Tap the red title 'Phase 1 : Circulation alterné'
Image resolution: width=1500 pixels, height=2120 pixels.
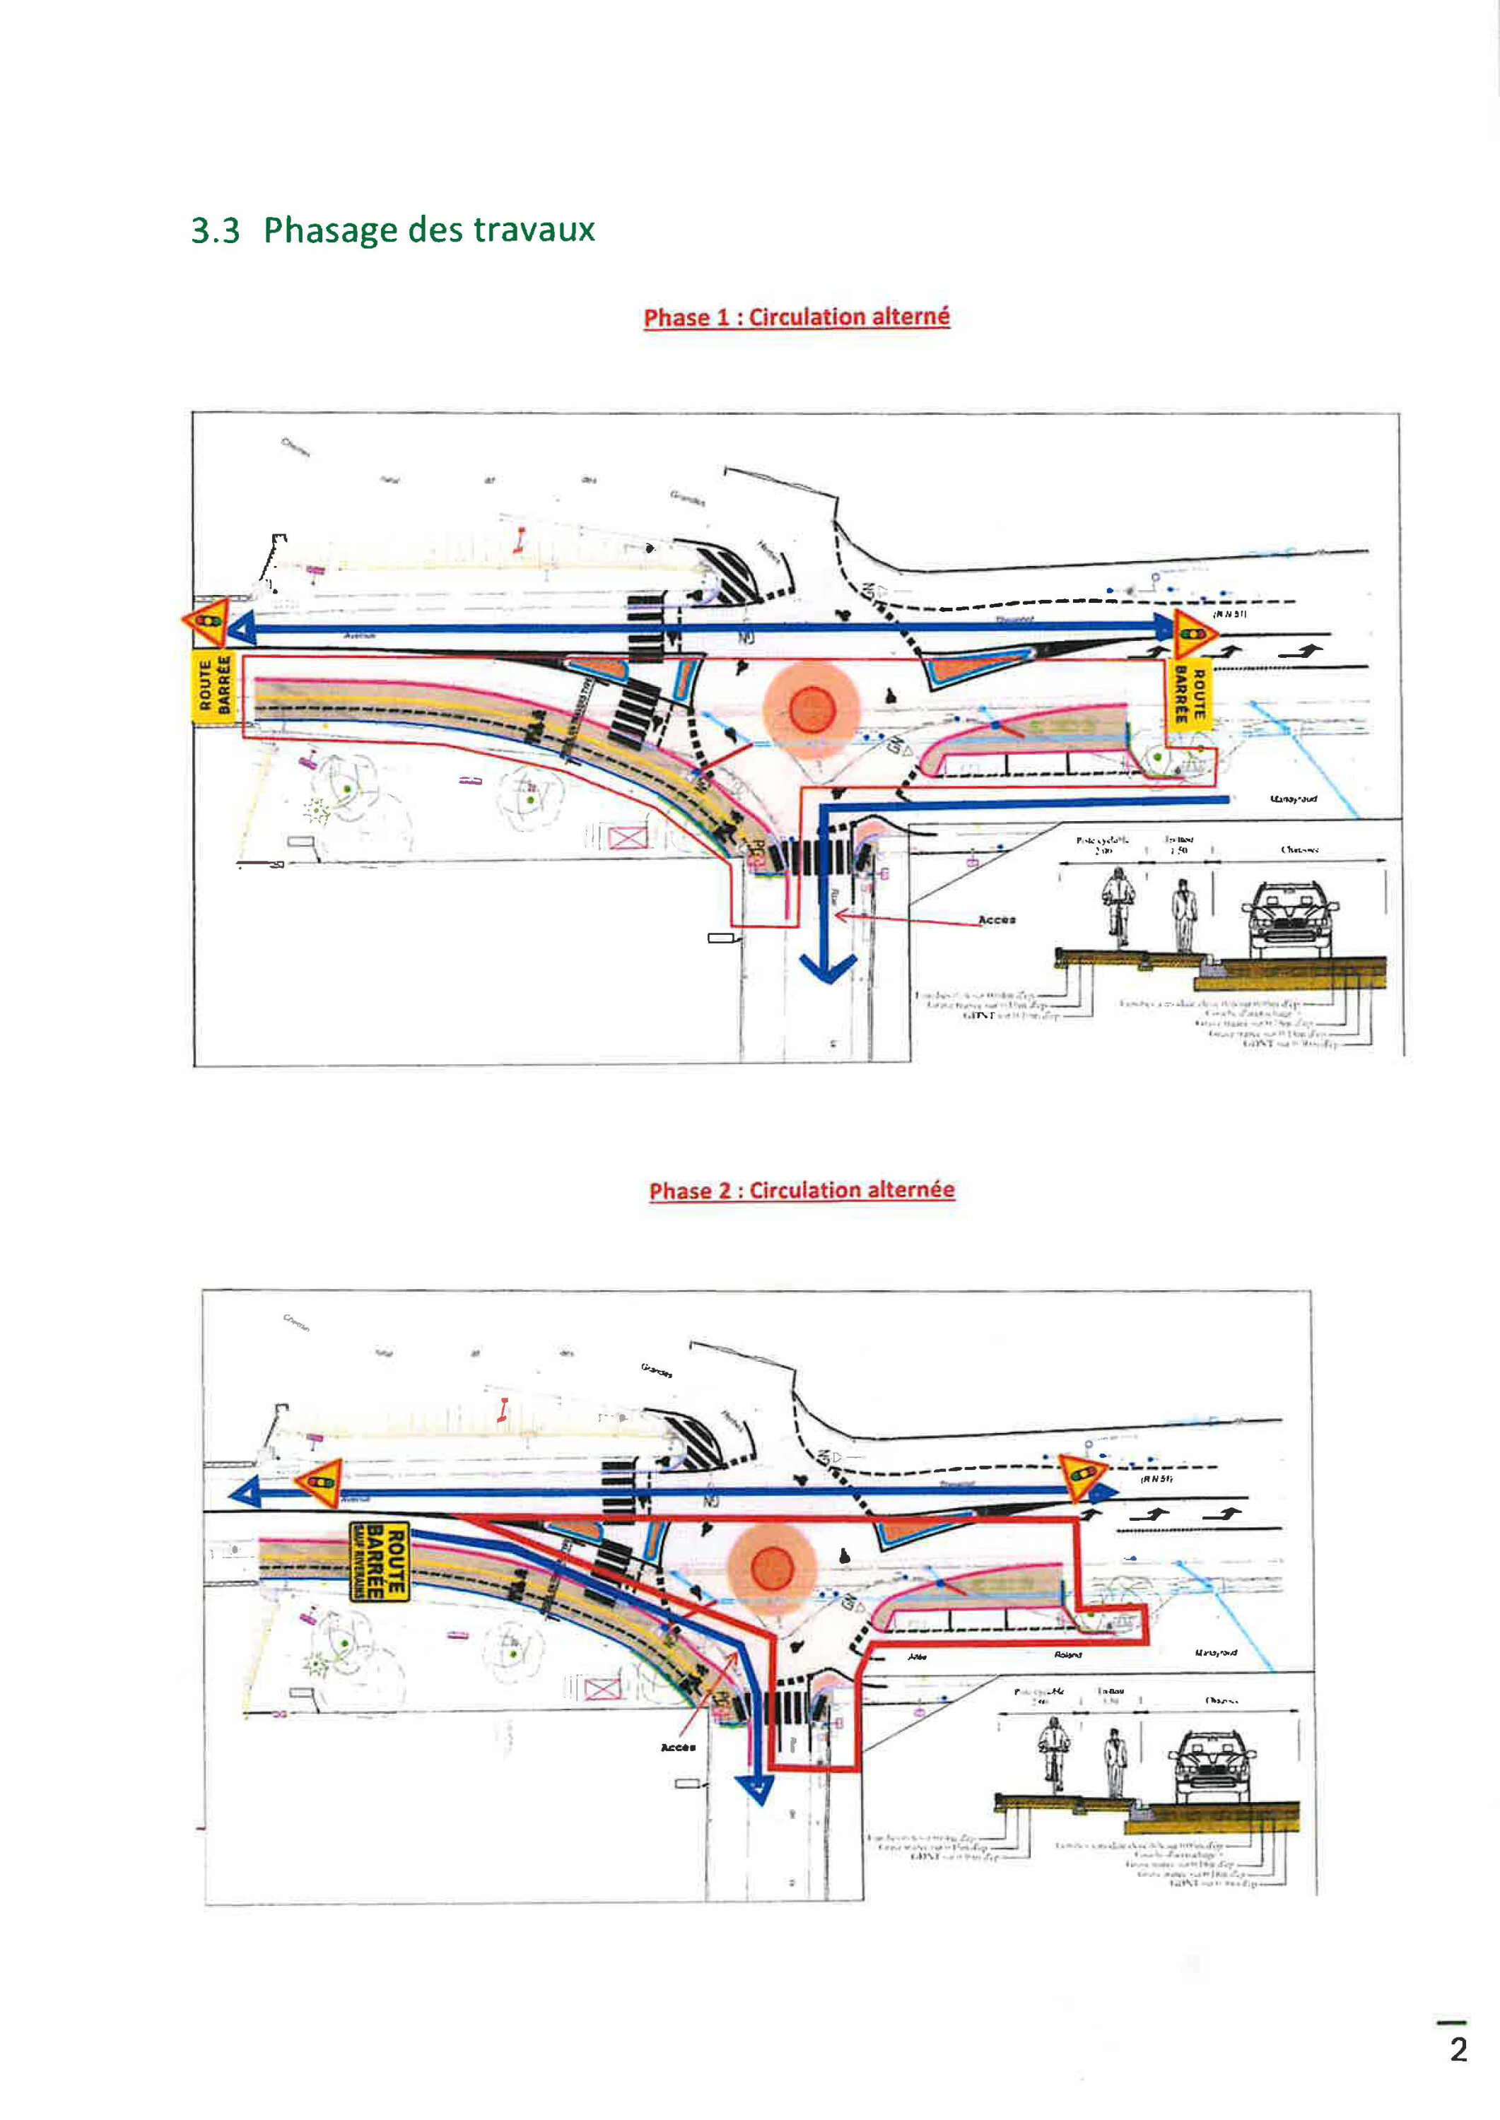click(796, 317)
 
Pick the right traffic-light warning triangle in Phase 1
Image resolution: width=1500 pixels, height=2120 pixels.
click(1193, 633)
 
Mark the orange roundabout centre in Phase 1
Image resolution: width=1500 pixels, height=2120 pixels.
click(812, 710)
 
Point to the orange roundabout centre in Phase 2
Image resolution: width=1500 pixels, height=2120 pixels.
click(772, 1569)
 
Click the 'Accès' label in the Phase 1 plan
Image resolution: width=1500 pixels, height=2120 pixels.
click(997, 919)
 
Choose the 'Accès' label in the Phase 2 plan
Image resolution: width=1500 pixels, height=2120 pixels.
click(678, 1747)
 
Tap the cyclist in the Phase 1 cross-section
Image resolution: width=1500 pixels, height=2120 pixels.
click(1118, 906)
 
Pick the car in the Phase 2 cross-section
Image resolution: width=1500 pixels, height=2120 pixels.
click(1212, 1765)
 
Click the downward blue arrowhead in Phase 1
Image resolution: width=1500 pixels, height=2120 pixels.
click(828, 969)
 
